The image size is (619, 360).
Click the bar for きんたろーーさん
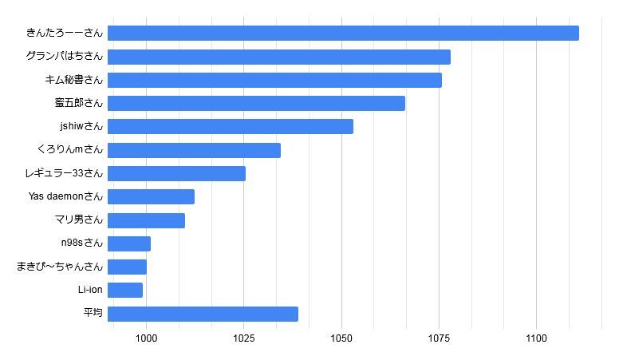click(x=343, y=33)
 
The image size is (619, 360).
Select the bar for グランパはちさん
click(x=278, y=57)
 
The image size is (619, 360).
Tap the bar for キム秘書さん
click(x=274, y=80)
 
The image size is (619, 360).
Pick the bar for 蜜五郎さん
click(x=256, y=103)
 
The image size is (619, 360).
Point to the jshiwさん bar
click(x=230, y=126)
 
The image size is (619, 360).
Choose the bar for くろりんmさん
click(x=194, y=150)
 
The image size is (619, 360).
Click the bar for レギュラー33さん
click(x=176, y=173)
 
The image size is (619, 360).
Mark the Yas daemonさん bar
click(x=151, y=196)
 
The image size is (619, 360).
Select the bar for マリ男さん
click(x=146, y=220)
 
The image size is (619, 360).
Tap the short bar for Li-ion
click(x=125, y=290)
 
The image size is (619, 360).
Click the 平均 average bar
click(x=203, y=314)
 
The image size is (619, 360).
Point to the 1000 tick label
click(x=147, y=338)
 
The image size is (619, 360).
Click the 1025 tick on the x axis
click(x=244, y=338)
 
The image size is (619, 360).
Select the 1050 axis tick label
click(x=341, y=338)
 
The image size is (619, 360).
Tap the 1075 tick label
click(x=439, y=338)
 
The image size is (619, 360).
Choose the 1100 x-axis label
click(x=536, y=338)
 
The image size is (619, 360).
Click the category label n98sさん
click(x=82, y=243)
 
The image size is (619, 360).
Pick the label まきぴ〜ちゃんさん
click(x=60, y=267)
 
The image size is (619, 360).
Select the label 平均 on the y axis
click(x=93, y=314)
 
